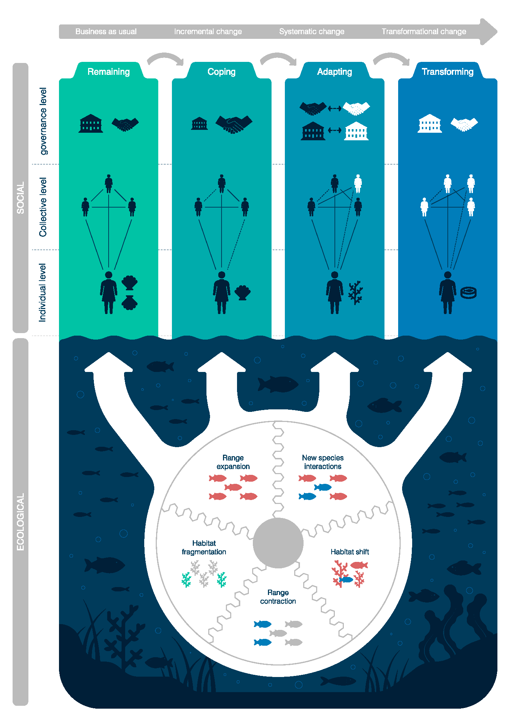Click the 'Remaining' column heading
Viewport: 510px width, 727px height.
click(109, 72)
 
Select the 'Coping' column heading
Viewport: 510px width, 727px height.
click(222, 72)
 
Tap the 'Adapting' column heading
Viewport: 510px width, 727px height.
click(334, 72)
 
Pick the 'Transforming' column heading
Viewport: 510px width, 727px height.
click(447, 72)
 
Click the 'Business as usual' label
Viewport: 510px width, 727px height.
click(106, 32)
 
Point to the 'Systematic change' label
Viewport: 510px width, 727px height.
click(312, 32)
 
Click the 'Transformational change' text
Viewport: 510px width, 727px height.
click(424, 32)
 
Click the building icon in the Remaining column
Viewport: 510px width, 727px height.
click(91, 123)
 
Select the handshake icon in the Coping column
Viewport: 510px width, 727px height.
click(234, 124)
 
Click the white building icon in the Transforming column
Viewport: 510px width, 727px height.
click(430, 123)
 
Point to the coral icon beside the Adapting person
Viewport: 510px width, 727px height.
click(356, 292)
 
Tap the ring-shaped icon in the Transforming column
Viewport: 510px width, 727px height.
click(469, 292)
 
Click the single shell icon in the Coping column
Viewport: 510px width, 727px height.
click(242, 293)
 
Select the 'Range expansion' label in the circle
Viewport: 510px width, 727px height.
click(233, 462)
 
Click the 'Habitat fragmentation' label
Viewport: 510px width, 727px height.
click(204, 547)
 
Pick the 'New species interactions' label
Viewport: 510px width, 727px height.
click(323, 462)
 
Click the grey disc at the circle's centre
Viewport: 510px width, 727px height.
click(278, 543)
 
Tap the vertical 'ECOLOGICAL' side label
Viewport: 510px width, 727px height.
click(21, 522)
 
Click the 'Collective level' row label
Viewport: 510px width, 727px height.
click(43, 207)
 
